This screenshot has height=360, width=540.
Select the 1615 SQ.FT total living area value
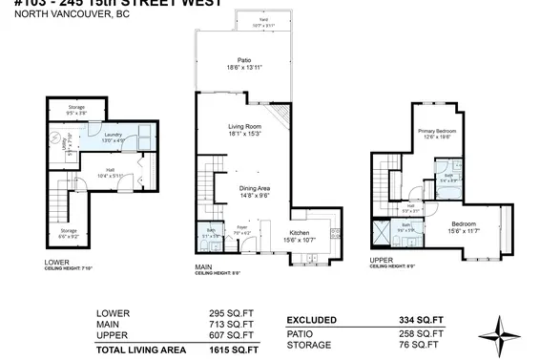click(235, 351)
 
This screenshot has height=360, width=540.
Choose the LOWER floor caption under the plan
click(57, 262)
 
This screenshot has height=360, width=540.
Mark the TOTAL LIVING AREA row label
click(140, 351)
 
